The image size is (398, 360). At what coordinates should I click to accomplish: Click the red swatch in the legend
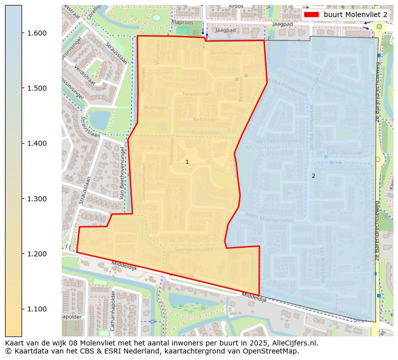pyautogui.click(x=311, y=15)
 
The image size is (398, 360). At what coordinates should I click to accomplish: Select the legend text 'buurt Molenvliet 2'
pyautogui.click(x=355, y=15)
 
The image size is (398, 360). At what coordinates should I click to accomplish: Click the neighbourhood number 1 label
pyautogui.click(x=187, y=162)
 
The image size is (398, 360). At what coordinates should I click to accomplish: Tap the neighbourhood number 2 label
pyautogui.click(x=314, y=176)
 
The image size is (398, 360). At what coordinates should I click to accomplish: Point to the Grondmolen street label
pyautogui.click(x=226, y=53)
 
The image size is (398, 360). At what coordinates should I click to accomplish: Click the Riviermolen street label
pyautogui.click(x=206, y=133)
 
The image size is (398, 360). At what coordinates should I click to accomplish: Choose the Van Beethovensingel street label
pyautogui.click(x=123, y=173)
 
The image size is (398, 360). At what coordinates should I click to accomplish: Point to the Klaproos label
pyautogui.click(x=182, y=23)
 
